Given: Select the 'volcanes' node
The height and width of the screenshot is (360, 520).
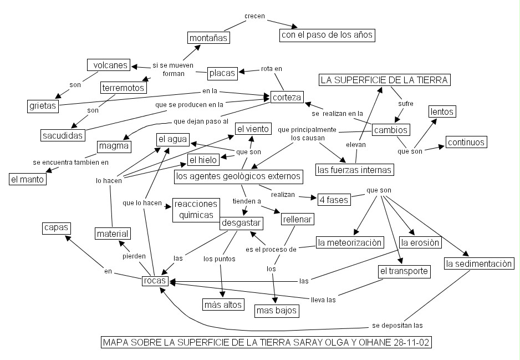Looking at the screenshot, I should click(109, 65).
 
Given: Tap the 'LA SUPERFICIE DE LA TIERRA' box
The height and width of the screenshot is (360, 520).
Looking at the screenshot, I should click(384, 80).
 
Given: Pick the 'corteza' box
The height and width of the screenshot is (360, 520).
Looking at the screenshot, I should click(287, 98).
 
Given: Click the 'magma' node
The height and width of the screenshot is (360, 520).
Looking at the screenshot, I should click(114, 146).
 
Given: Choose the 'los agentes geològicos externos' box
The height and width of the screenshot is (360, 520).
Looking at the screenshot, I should click(238, 176).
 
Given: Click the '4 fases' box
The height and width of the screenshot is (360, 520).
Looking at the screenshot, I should click(334, 199).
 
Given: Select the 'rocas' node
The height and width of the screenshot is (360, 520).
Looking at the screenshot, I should click(155, 281).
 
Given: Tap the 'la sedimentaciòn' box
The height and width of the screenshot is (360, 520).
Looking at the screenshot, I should click(479, 263).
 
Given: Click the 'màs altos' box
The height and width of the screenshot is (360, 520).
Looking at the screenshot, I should click(223, 304).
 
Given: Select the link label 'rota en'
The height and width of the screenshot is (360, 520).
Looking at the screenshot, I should click(271, 69).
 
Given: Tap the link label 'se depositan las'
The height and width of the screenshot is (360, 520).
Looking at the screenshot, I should click(398, 326).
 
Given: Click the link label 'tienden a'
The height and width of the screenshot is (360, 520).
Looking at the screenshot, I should click(247, 201).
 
